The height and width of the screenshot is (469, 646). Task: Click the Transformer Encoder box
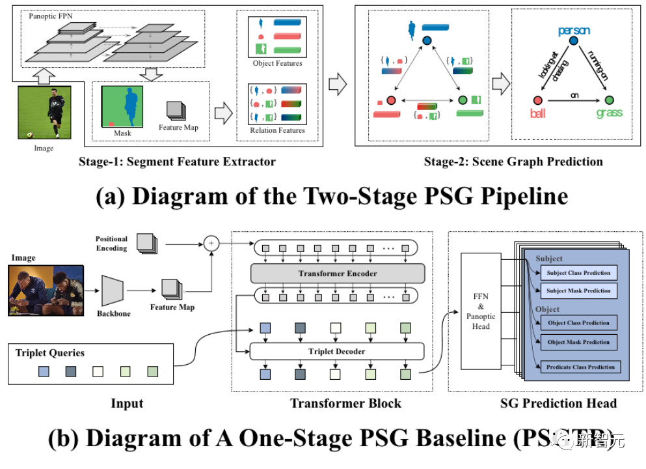coord(337,274)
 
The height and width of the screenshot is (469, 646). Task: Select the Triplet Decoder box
coord(337,352)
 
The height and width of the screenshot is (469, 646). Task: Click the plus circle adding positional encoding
coord(211,244)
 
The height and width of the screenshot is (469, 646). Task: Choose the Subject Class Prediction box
coord(578,273)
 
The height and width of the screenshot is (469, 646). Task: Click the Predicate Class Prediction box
coord(580,367)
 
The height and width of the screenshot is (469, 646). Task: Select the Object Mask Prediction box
coord(578,342)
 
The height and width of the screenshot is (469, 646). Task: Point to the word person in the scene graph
coord(574,31)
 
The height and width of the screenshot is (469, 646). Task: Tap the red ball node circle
coord(537,100)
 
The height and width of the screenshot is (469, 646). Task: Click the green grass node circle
coord(609,100)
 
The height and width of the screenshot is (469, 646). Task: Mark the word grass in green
coord(609,113)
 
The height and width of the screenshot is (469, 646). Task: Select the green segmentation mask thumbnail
coord(122,107)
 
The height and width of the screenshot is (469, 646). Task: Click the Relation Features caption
coord(278,130)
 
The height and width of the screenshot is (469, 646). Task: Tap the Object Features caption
coord(278,63)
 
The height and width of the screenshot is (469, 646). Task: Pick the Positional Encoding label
coord(111,244)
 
